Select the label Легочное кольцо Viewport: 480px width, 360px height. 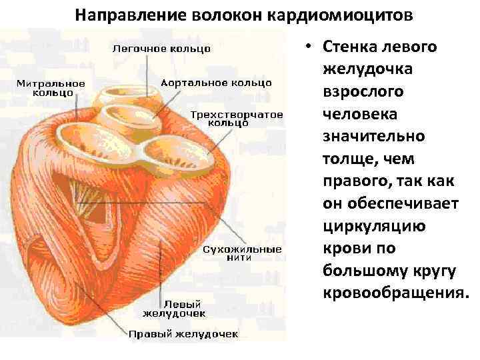tap(161, 49)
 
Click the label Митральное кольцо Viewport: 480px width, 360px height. tap(51, 88)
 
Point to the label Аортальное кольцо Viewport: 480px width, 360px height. tap(216, 83)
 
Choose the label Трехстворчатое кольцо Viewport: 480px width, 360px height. tap(236, 118)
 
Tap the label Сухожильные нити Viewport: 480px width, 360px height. tap(242, 253)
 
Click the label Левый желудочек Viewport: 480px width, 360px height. tap(175, 307)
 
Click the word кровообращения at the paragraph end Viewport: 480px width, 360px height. tap(395, 293)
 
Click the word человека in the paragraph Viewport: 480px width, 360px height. tap(358, 114)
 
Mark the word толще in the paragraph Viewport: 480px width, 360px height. tap(345, 159)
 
